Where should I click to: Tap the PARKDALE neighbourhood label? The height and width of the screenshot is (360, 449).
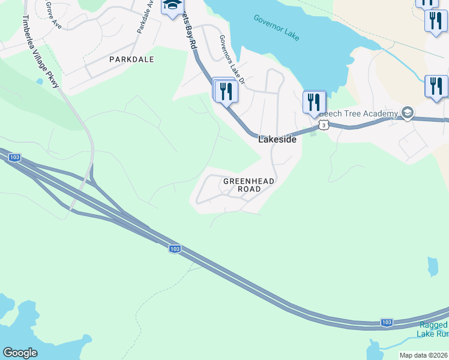tap(131, 59)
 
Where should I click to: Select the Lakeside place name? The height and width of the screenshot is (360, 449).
tap(277, 139)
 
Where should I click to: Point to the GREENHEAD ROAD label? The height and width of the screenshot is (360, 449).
tap(242, 185)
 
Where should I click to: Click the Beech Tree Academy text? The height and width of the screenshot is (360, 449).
tap(358, 113)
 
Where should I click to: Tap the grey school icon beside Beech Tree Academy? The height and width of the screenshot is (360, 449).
tap(408, 113)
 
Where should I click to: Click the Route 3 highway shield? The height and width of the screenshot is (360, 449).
tap(324, 125)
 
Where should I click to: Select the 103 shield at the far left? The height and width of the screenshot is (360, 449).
tap(15, 157)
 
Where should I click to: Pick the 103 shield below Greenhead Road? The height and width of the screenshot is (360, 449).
tap(175, 248)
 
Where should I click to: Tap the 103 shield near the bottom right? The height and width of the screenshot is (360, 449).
tap(387, 323)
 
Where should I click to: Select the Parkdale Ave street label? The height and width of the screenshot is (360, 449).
tap(145, 16)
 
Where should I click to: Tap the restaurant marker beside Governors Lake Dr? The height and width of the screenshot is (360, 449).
tap(226, 91)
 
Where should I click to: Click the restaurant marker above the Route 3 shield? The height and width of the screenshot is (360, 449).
tap(314, 103)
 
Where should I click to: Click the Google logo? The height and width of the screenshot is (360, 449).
tap(20, 353)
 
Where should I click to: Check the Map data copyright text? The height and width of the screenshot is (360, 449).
tap(424, 355)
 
